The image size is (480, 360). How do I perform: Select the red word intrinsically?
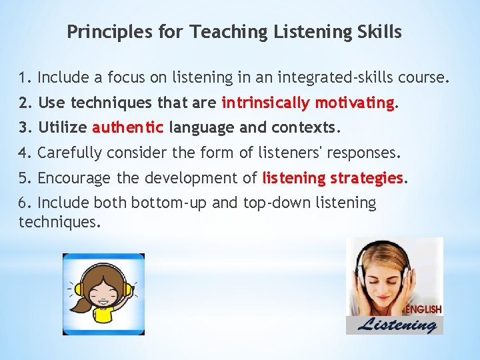(265, 103)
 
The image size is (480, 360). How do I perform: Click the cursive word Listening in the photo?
(398, 325)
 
